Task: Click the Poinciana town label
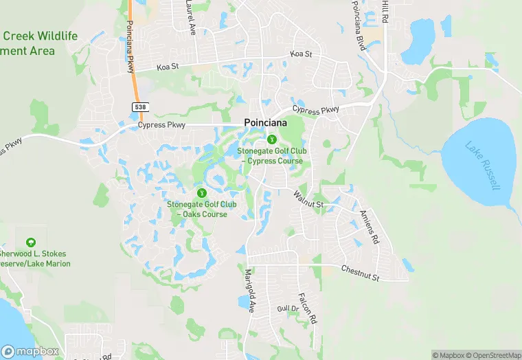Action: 266,122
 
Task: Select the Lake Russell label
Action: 484,166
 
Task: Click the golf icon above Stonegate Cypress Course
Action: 272,139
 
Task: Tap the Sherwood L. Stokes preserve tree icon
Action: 30,243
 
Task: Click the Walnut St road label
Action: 308,200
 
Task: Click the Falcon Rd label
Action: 307,308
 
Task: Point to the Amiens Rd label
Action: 368,228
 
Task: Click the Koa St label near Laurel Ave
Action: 167,67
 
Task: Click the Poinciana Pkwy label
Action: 129,47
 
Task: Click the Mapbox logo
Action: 29,352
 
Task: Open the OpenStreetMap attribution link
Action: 493,355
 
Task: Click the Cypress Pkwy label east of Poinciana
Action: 316,110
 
